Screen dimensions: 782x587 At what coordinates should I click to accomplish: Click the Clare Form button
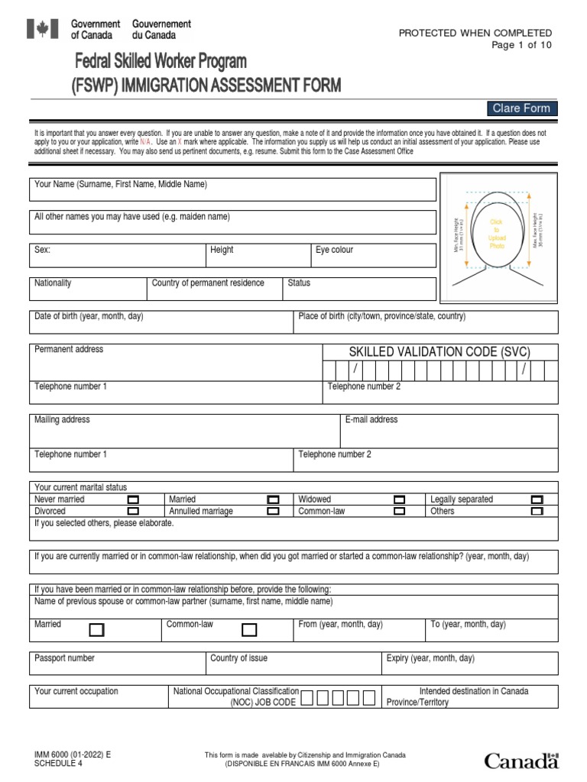coord(521,108)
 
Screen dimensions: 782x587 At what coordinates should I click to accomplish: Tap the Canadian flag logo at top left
coord(37,29)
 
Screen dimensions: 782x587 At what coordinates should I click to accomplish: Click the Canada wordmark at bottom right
coord(521,761)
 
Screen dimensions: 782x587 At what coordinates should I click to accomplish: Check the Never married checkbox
coord(133,499)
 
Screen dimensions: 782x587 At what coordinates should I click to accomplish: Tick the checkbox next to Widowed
coord(399,499)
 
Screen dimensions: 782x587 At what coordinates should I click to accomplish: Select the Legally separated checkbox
coord(537,499)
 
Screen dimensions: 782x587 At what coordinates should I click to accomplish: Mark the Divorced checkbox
coord(133,511)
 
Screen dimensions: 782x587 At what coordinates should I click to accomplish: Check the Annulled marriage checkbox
coord(273,511)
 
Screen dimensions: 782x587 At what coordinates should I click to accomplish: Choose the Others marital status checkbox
coord(537,511)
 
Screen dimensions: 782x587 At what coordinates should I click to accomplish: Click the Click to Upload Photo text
coord(497,234)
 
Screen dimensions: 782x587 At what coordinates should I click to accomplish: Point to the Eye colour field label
coord(334,250)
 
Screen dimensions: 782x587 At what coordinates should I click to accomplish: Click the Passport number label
coord(65,658)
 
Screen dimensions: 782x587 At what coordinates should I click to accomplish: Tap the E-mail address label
coord(371,419)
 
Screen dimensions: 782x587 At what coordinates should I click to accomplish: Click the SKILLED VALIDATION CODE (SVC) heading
coord(428,351)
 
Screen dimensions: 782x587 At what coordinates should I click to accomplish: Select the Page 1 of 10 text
coord(521,44)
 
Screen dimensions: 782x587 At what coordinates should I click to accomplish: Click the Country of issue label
coord(238,658)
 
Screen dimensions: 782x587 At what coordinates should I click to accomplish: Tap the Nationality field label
coord(53,283)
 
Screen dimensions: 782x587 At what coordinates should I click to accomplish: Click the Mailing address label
coord(62,419)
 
